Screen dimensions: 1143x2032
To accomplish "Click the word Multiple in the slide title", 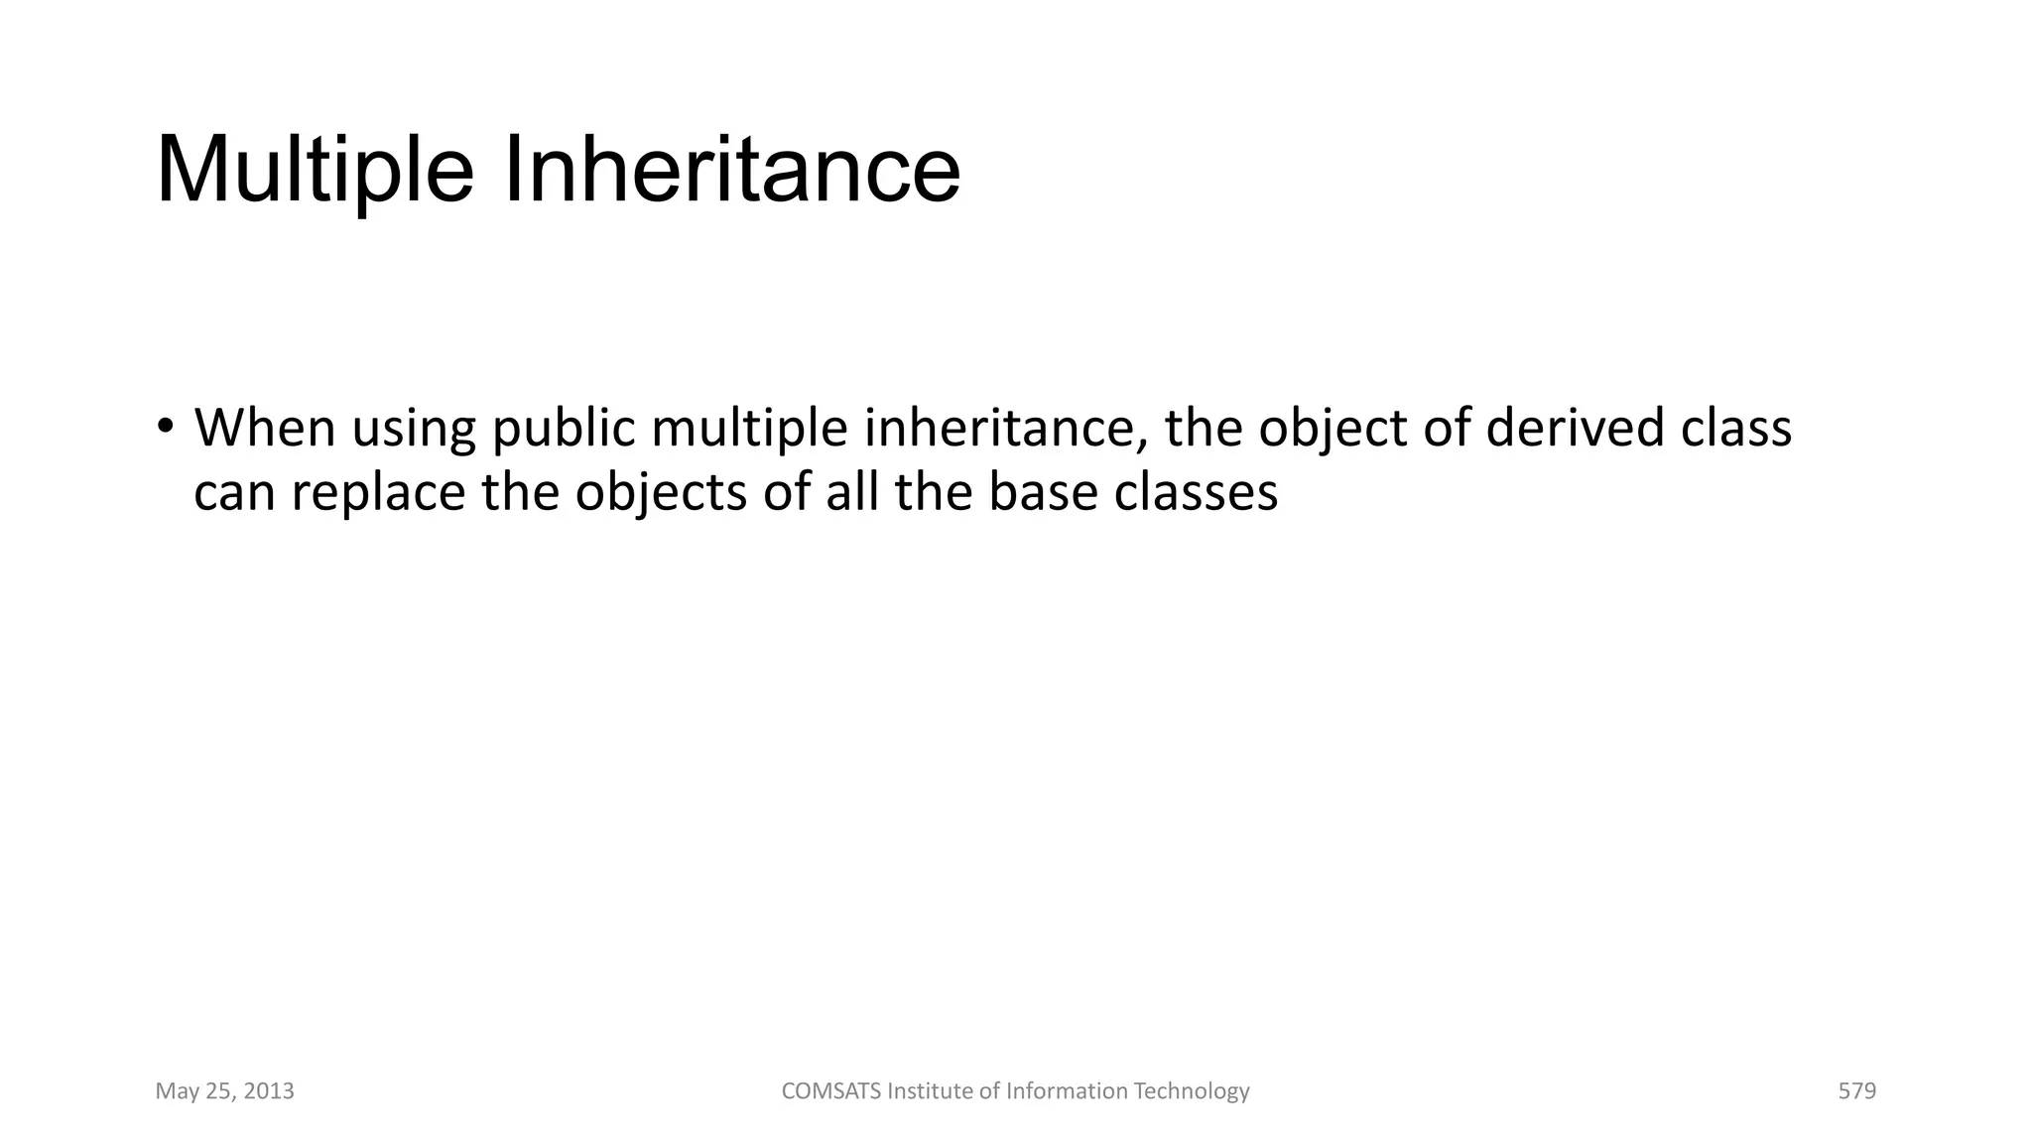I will tap(315, 171).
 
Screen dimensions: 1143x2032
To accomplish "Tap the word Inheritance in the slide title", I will tap(732, 171).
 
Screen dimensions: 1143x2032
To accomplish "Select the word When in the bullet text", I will tap(265, 428).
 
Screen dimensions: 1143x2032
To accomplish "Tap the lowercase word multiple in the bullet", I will tap(749, 430).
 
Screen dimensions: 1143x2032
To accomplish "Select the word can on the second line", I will tap(234, 493).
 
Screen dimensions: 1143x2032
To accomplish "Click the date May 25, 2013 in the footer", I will tap(225, 1091).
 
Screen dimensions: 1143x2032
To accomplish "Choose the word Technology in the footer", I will tap(1191, 1091).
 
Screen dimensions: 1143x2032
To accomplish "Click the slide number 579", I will tap(1856, 1091).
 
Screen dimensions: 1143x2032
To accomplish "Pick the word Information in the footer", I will tap(1067, 1091).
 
